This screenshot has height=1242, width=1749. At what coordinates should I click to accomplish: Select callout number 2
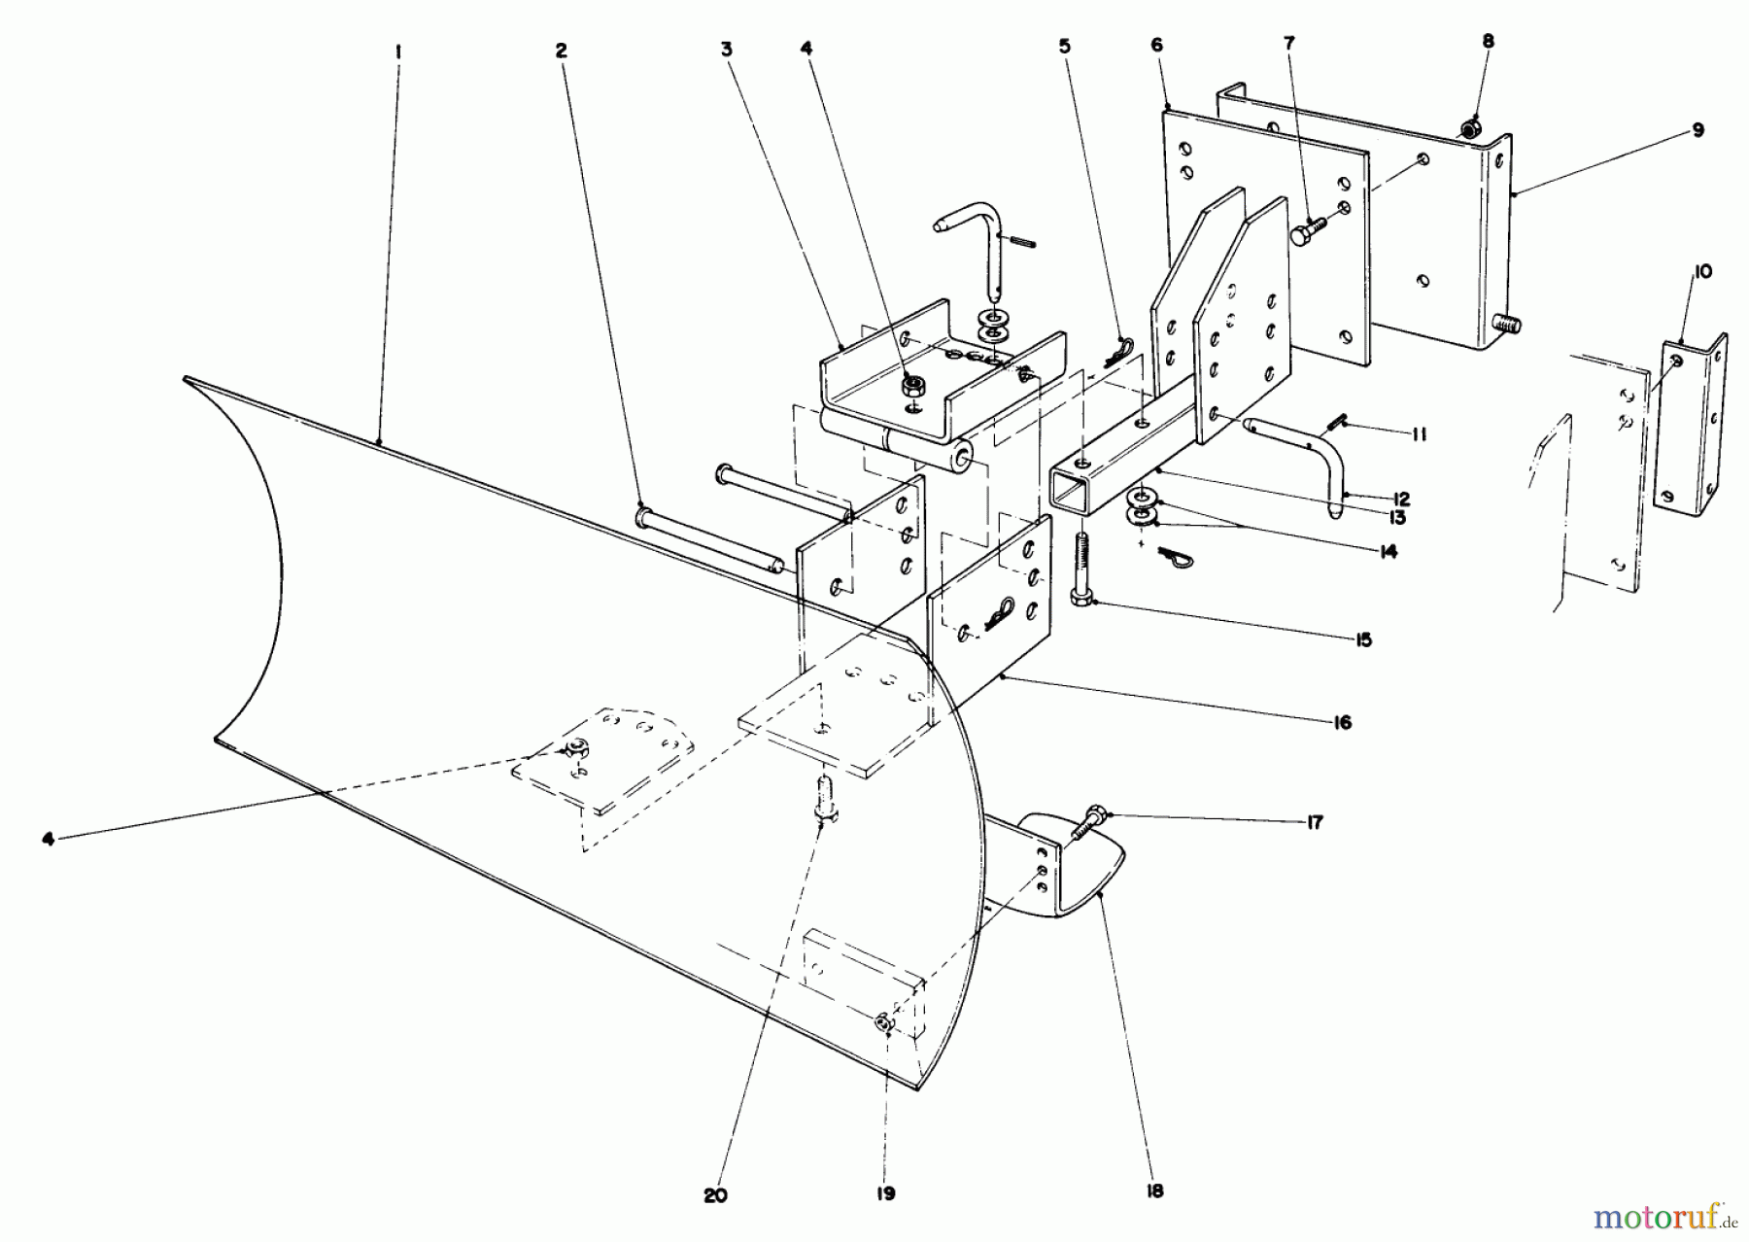561,51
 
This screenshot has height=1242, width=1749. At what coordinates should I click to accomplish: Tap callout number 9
1698,129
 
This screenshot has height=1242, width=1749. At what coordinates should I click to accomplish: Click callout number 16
1343,723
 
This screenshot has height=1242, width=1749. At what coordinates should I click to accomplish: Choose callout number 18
1154,1191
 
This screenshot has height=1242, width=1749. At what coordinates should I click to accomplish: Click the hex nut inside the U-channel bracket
912,386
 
